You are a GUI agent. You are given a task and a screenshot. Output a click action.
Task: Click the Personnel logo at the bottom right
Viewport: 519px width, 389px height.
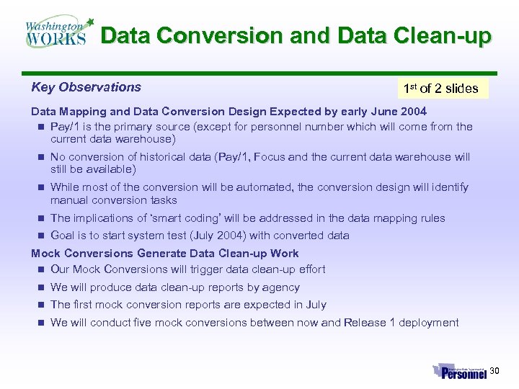point(460,371)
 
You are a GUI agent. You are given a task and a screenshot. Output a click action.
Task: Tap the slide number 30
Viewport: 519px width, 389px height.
point(494,371)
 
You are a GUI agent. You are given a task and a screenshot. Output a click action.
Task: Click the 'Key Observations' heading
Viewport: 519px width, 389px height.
point(86,87)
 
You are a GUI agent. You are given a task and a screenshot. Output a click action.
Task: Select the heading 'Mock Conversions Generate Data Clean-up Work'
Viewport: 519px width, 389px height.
point(164,253)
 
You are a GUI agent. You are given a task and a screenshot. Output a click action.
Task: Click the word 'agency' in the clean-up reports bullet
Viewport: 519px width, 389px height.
point(281,287)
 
